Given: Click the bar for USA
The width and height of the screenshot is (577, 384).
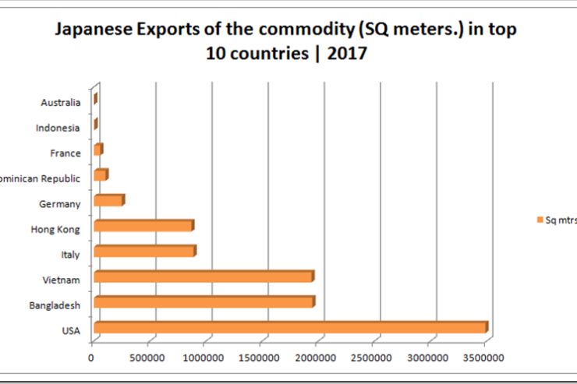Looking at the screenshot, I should click(288, 328).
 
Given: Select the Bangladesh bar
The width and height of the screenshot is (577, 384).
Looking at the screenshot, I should click(203, 302).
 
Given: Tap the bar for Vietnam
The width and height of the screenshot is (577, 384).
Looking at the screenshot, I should click(202, 277).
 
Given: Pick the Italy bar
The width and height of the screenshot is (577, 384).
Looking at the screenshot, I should click(143, 252).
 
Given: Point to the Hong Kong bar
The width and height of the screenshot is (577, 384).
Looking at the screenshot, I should click(142, 226).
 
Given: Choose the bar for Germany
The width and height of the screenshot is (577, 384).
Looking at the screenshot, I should click(108, 201).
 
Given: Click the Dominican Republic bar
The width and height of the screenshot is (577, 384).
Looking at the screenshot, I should click(100, 175).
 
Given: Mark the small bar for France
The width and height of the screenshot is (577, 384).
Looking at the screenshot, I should click(97, 150).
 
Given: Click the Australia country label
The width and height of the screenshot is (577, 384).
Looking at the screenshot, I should click(60, 102).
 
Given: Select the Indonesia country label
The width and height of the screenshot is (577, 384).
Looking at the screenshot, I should click(58, 128).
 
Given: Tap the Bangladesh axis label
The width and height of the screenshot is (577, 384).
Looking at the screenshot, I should click(54, 305).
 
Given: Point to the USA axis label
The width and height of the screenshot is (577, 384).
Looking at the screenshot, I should click(70, 331).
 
